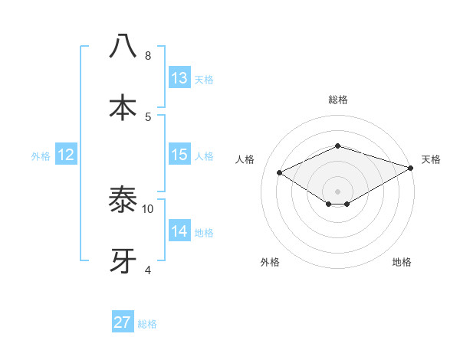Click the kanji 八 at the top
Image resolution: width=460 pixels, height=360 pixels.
point(123,47)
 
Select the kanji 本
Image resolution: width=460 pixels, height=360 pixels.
point(123,107)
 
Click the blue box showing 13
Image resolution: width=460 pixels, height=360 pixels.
point(179,78)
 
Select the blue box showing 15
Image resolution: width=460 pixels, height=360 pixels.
point(179,155)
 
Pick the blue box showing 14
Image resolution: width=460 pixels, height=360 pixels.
point(179,231)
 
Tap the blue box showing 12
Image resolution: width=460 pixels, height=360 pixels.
point(66,155)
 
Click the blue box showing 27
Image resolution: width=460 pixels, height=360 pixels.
point(123,322)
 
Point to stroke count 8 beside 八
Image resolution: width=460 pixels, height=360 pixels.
point(148,56)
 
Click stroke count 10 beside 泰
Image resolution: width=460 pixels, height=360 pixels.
point(148,208)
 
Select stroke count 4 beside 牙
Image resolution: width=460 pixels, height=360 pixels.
point(148,270)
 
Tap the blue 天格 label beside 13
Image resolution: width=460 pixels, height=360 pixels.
point(204,80)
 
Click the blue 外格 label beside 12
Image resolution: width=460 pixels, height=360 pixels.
point(41,156)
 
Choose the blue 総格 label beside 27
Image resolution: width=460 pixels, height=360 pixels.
point(147,324)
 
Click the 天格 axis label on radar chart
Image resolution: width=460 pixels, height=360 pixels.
point(431,159)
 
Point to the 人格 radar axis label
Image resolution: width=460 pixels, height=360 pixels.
point(245,159)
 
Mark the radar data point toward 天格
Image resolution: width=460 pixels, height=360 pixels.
point(412,169)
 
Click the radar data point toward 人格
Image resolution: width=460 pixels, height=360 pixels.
point(281,172)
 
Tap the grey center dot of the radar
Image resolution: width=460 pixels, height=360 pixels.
point(337,191)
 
